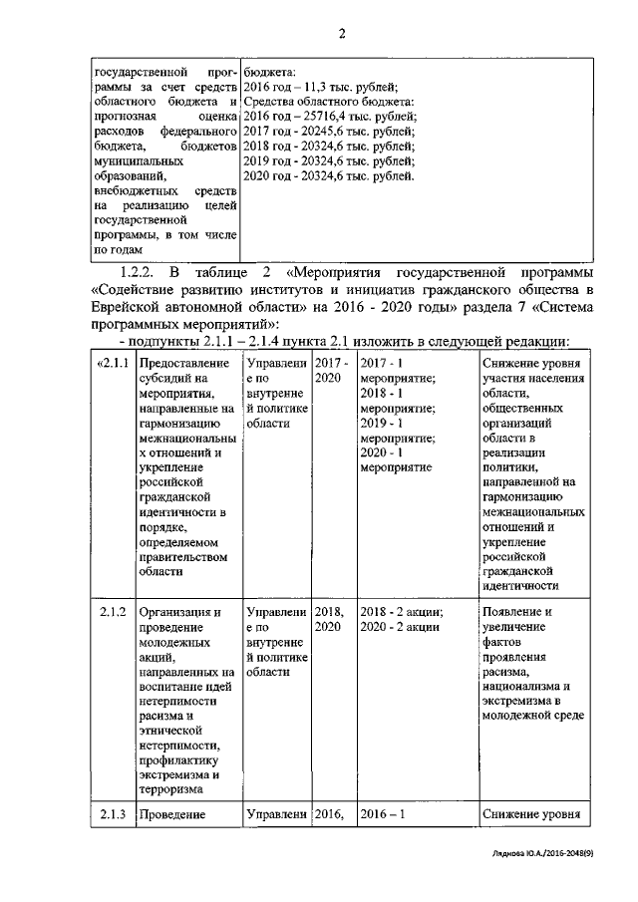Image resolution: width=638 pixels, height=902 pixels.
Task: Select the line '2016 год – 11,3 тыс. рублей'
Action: tap(320, 87)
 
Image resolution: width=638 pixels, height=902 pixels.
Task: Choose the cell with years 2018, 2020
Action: tap(332, 619)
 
